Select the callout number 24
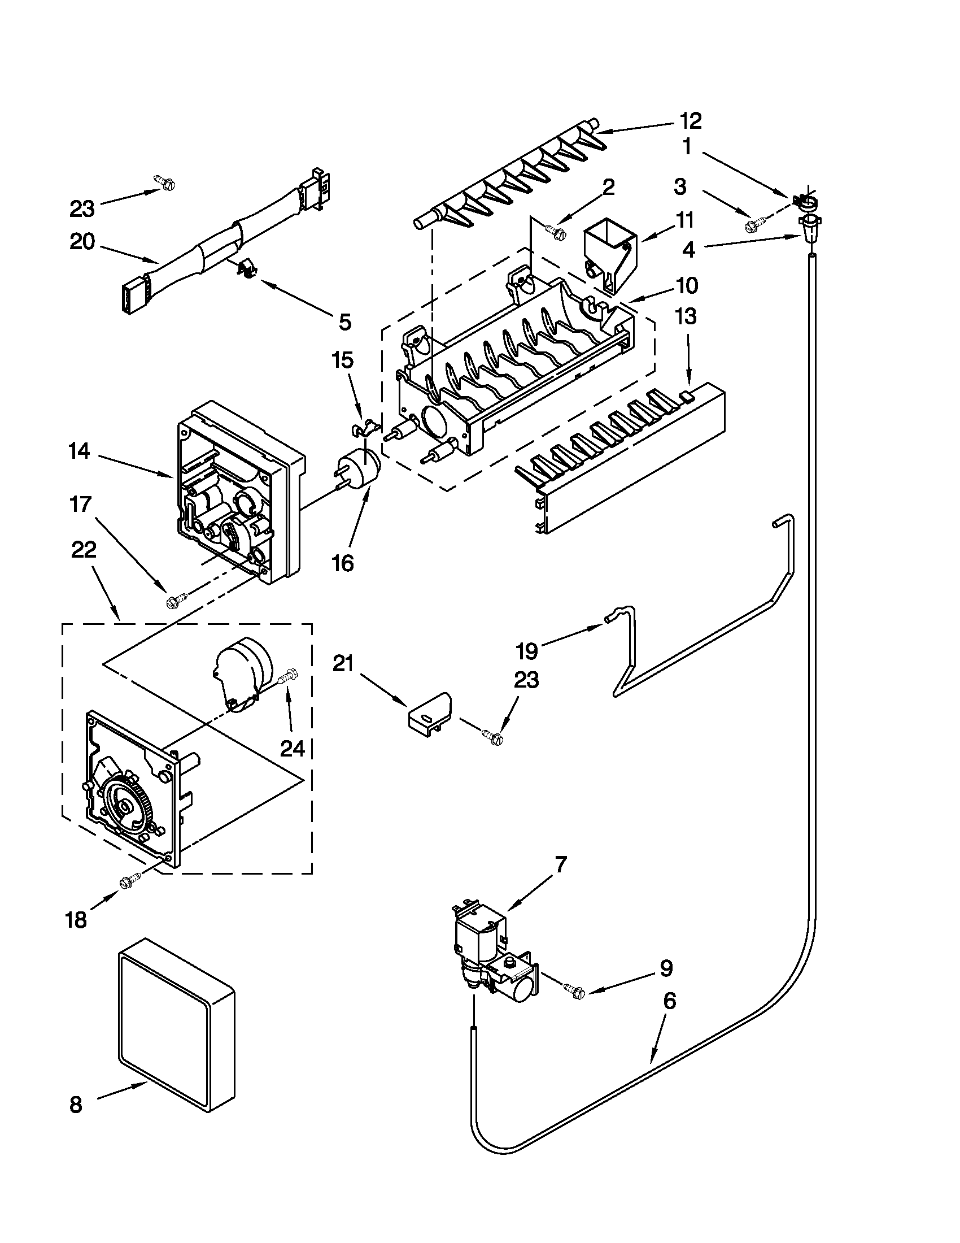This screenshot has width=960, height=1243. click(x=293, y=749)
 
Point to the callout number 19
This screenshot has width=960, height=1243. click(x=527, y=650)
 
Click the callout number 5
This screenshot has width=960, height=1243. click(x=344, y=322)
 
